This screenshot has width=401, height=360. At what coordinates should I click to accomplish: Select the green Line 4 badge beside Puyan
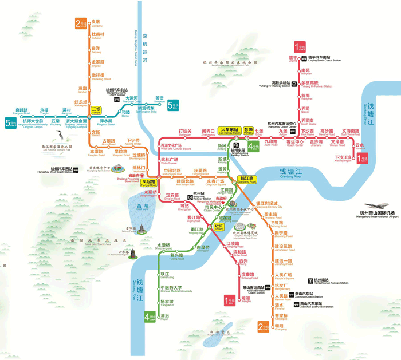150,316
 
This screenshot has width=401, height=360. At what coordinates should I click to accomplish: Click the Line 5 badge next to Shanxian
172,105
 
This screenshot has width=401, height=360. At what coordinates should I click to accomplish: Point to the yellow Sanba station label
96,110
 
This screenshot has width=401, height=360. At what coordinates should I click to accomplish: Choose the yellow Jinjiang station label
218,227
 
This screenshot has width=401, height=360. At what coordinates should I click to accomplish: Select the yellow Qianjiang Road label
248,179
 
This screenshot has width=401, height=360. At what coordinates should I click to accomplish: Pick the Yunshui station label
360,147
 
